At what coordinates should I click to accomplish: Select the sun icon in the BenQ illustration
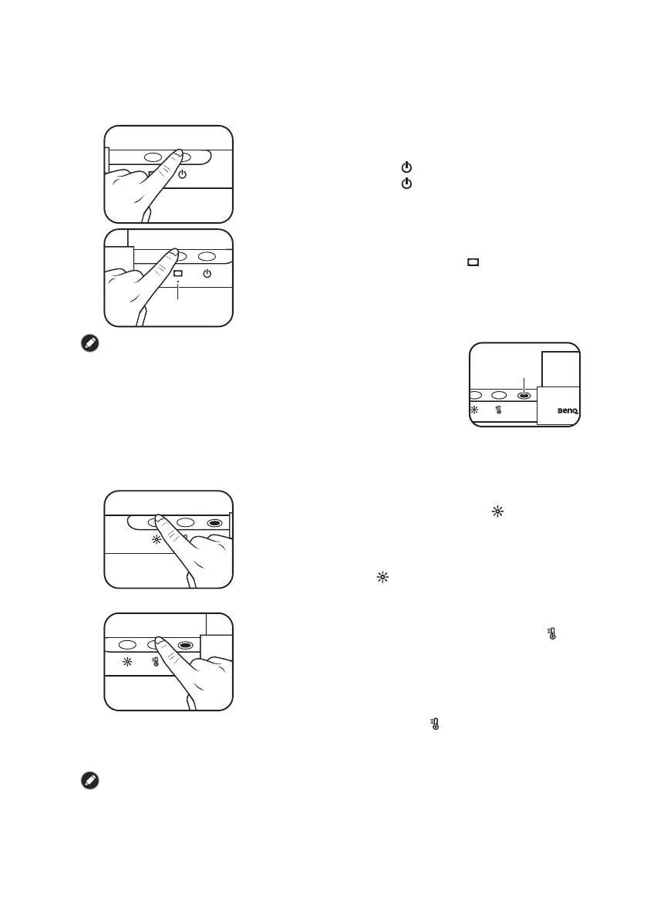(x=473, y=411)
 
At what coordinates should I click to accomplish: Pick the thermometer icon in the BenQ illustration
(x=499, y=411)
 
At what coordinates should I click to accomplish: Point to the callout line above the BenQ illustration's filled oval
(x=524, y=382)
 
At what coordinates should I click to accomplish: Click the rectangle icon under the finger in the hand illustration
(x=178, y=274)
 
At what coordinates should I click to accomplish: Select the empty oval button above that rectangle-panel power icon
(x=206, y=256)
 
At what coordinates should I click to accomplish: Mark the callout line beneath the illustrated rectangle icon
(x=178, y=290)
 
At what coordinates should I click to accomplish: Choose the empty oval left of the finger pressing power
(x=152, y=157)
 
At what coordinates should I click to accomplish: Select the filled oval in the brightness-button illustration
(x=215, y=521)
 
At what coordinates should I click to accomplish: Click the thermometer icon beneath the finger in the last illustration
(x=156, y=662)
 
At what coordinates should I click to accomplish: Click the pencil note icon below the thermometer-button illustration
(x=89, y=781)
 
